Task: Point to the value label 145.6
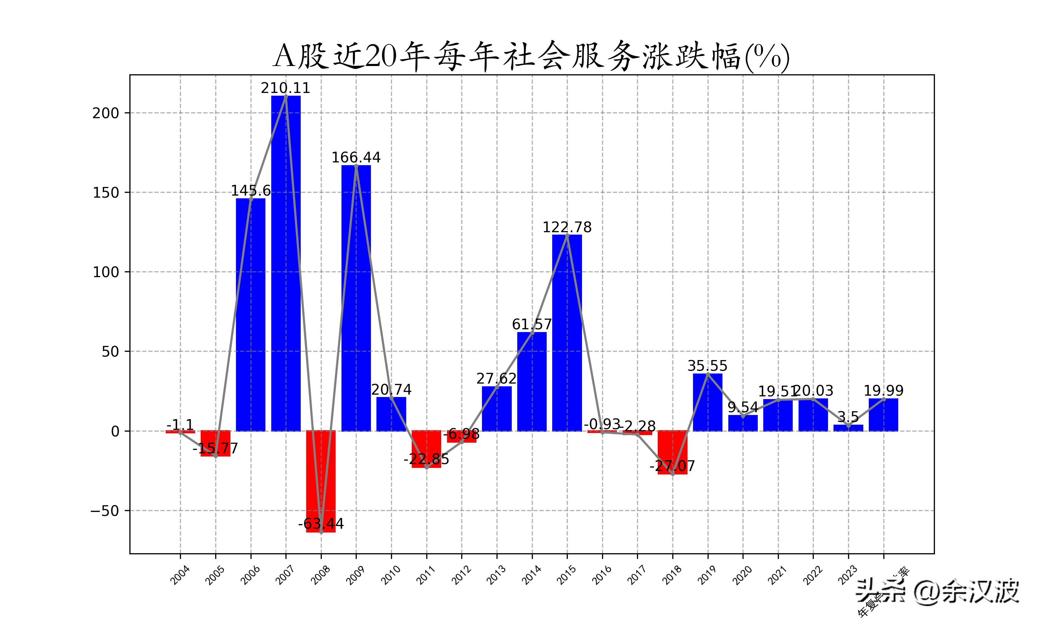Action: tap(251, 191)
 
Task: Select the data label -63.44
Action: tap(321, 524)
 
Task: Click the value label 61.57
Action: tap(531, 324)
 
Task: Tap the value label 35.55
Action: tap(707, 366)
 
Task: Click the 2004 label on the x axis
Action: tap(180, 575)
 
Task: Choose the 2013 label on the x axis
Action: tap(497, 575)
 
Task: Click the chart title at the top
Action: tap(531, 57)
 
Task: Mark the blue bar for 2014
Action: tap(531, 381)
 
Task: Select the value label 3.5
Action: tap(848, 417)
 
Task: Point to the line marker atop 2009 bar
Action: tap(356, 166)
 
